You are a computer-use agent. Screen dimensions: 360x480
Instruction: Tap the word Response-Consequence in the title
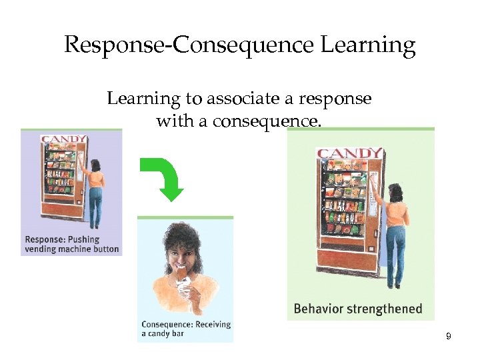point(189,46)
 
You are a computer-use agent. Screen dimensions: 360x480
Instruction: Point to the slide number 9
point(449,337)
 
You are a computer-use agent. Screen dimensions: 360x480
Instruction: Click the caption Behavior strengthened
point(358,309)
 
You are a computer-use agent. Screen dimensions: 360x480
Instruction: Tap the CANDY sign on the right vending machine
point(349,154)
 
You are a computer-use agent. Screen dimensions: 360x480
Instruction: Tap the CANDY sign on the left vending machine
point(64,140)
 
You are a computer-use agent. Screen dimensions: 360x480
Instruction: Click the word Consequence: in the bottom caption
point(167,325)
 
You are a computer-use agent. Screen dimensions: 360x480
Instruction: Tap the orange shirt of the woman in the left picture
point(97,178)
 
